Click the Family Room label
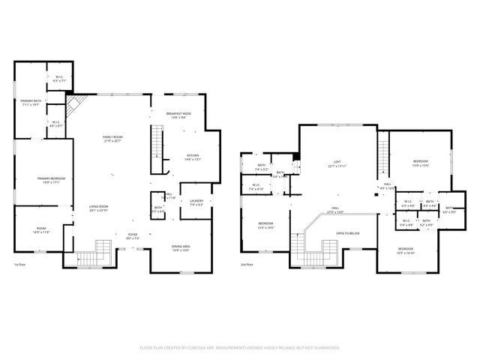click(x=113, y=137)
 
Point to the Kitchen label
click(x=193, y=155)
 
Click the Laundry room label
click(x=197, y=200)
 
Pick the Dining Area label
click(x=180, y=246)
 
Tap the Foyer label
click(x=132, y=235)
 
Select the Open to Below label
click(x=348, y=233)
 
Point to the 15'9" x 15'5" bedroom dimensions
click(x=420, y=165)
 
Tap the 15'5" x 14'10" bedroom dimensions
click(x=406, y=252)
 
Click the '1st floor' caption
click(x=20, y=265)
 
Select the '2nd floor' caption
click(x=247, y=265)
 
